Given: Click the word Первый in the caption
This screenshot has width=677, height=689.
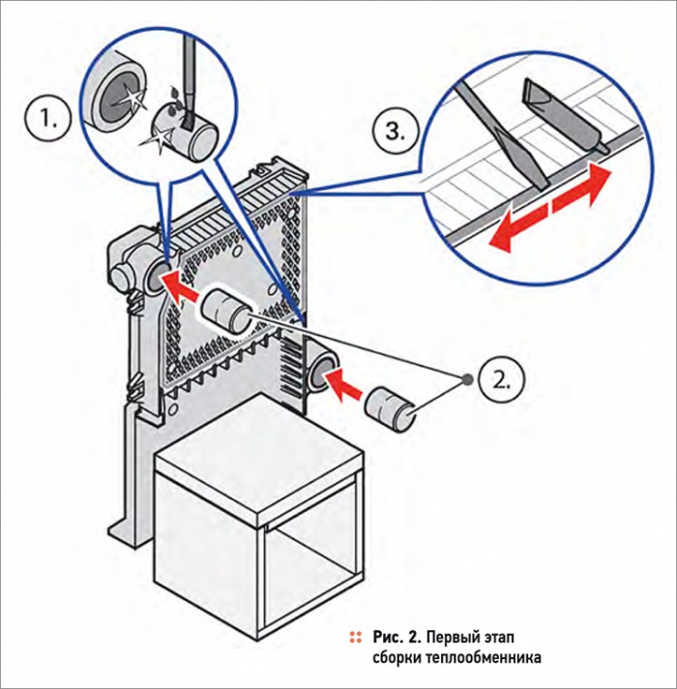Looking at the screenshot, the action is pyautogui.click(x=452, y=637).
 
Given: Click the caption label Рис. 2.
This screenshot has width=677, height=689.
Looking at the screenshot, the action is pyautogui.click(x=397, y=637).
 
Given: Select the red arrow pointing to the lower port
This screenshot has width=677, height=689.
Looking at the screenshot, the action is pyautogui.click(x=344, y=383).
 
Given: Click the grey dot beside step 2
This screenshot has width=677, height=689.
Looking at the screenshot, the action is pyautogui.click(x=468, y=378).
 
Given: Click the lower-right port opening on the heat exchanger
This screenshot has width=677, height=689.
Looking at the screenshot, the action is pyautogui.click(x=321, y=371).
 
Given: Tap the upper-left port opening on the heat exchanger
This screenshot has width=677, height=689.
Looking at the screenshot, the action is pyautogui.click(x=158, y=277).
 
